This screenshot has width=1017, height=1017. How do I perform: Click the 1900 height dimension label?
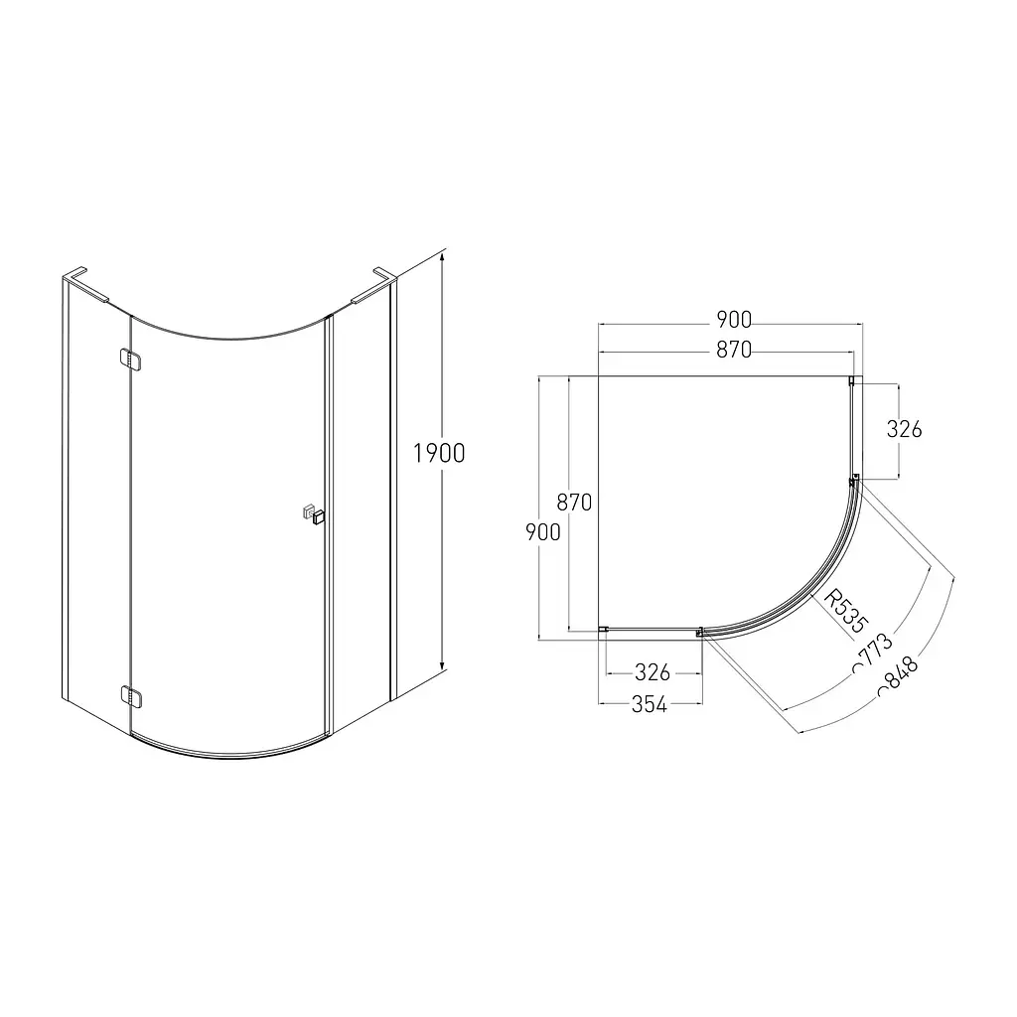pyautogui.click(x=439, y=453)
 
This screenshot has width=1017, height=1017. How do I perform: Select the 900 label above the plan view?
pyautogui.click(x=734, y=320)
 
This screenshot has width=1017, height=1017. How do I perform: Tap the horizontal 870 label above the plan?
pyautogui.click(x=734, y=351)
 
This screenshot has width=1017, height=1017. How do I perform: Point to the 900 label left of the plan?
pyautogui.click(x=543, y=532)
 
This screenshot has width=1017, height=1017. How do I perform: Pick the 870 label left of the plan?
pyautogui.click(x=574, y=502)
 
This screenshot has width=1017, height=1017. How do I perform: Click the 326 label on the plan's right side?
pyautogui.click(x=904, y=429)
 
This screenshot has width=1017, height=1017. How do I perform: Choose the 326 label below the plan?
pyautogui.click(x=653, y=672)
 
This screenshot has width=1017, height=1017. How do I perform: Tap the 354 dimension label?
pyautogui.click(x=650, y=704)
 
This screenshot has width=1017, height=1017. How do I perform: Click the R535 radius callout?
pyautogui.click(x=844, y=611)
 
